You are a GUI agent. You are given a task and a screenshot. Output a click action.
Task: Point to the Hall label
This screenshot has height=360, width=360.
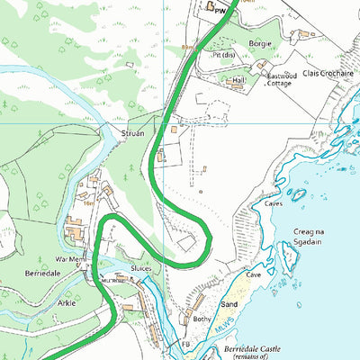pos(238,80)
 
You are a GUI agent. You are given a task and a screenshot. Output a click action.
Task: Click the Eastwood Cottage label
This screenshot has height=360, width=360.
pos(281,81)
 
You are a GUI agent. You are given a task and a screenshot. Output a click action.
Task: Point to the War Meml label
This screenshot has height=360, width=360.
pos(70,259)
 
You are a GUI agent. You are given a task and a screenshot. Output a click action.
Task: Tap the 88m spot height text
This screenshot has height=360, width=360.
pos(187,46)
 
